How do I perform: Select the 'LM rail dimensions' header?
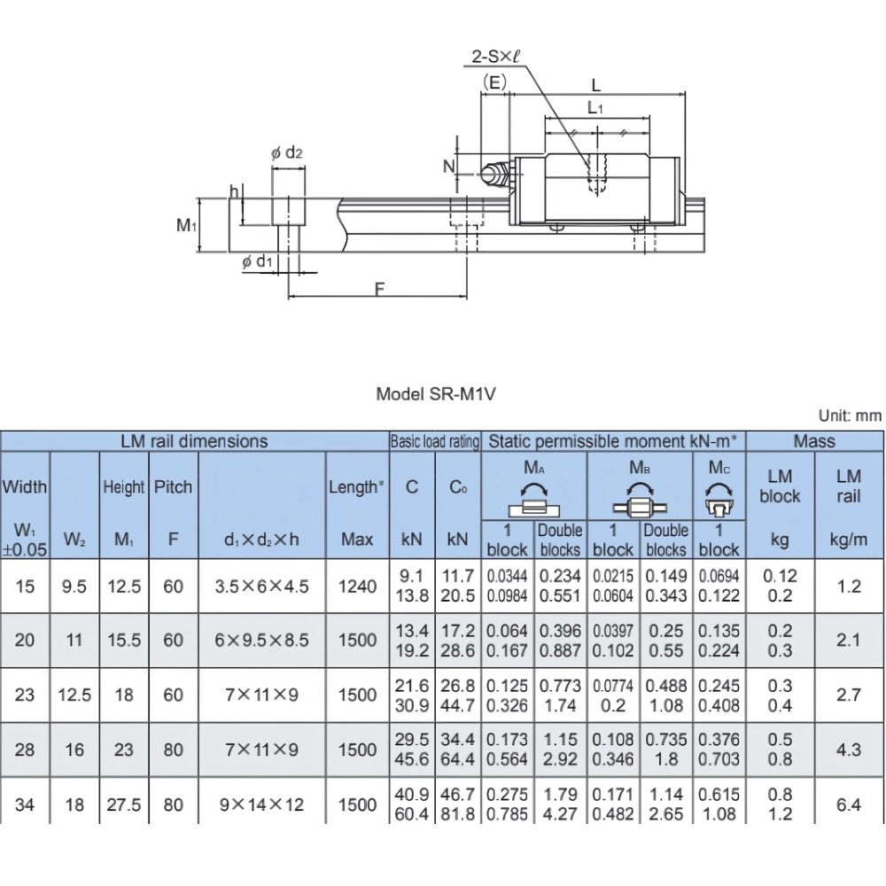coord(194,440)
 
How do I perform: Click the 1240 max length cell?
coord(358,586)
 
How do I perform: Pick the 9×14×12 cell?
coord(262,804)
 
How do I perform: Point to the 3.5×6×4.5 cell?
coord(262,586)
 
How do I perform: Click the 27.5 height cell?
coord(124,804)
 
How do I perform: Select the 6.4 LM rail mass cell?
coord(849,804)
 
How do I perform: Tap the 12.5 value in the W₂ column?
coord(74,695)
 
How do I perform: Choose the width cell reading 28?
coord(25,750)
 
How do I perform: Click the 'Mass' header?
coord(814,440)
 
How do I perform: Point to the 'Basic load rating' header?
coord(434,440)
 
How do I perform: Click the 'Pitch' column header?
coord(174,486)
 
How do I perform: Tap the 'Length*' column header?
coord(357,486)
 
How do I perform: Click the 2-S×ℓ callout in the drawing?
coord(495,57)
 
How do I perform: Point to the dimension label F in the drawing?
coord(379,289)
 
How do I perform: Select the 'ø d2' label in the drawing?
coord(287,153)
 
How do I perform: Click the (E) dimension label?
coord(494,82)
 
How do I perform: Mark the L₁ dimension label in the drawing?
coord(596,109)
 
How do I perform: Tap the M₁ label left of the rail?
coord(185,226)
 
